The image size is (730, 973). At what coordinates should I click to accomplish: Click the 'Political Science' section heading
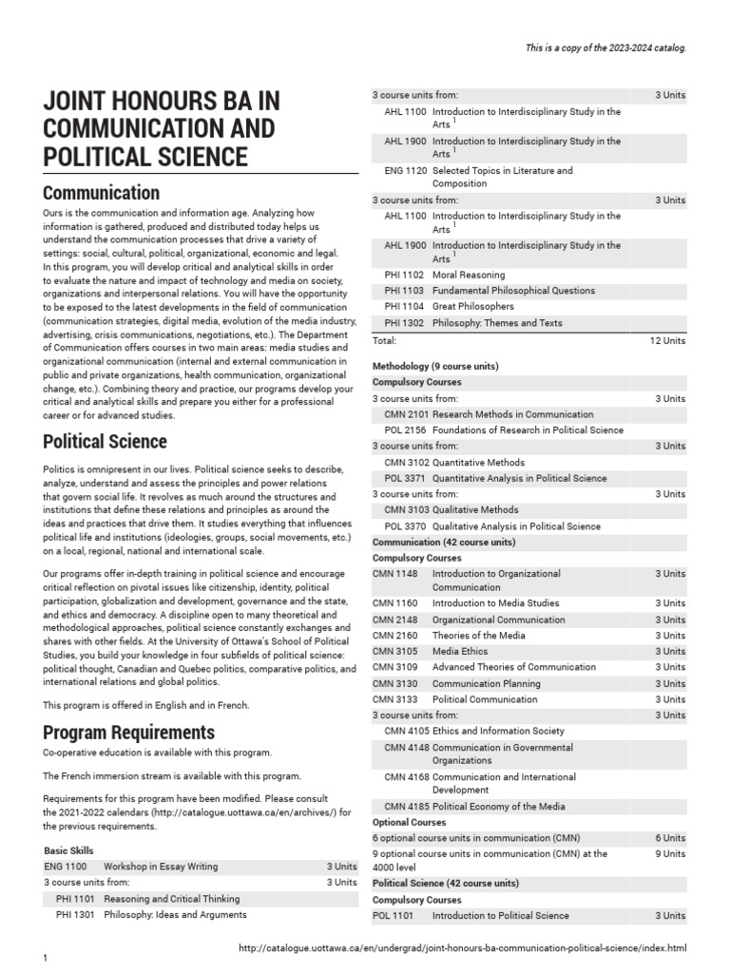105,441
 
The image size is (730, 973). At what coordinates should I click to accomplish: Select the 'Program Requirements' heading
128,733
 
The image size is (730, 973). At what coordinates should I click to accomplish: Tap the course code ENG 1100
65,867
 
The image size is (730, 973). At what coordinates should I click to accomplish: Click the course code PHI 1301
76,914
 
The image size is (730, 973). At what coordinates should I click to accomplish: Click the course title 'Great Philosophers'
472,307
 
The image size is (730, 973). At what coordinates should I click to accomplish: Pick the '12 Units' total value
667,340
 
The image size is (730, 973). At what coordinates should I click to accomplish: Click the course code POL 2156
405,430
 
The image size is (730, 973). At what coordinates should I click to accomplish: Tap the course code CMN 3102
406,463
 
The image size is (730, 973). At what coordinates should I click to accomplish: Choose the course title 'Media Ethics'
460,652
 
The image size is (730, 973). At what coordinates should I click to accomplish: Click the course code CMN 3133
394,699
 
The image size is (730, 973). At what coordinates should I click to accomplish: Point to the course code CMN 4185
406,807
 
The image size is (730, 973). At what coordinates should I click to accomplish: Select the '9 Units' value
669,854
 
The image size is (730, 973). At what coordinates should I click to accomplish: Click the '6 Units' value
669,838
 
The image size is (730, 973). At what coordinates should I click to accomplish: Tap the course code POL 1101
393,916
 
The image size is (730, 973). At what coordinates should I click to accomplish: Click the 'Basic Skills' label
68,850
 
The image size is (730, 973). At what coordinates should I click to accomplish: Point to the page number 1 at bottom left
45,960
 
